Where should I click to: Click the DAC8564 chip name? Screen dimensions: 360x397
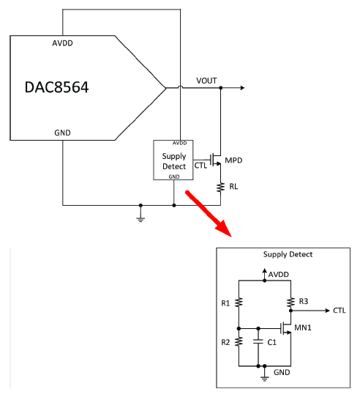click(56, 87)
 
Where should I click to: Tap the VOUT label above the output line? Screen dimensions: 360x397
click(206, 81)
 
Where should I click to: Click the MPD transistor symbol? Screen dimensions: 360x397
click(216, 160)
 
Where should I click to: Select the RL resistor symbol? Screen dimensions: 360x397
click(220, 188)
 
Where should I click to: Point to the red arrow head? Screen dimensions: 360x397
click(224, 229)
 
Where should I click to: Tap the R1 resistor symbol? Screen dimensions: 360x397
click(239, 303)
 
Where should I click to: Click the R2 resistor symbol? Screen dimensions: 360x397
click(239, 341)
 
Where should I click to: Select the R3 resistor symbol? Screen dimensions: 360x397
click(290, 302)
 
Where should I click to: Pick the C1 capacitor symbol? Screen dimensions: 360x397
click(258, 341)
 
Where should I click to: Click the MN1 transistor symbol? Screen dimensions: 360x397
click(286, 328)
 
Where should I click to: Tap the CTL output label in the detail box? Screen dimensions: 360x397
click(340, 311)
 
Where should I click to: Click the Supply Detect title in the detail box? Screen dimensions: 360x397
click(288, 254)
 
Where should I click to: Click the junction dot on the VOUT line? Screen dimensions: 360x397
click(220, 88)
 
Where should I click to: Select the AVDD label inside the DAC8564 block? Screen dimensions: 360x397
click(62, 43)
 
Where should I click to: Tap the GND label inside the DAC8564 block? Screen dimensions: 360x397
click(62, 133)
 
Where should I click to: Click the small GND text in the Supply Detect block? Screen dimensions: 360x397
click(174, 177)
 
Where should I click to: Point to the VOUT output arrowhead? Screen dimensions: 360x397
click(243, 88)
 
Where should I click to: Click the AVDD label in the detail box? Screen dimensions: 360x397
click(279, 275)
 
